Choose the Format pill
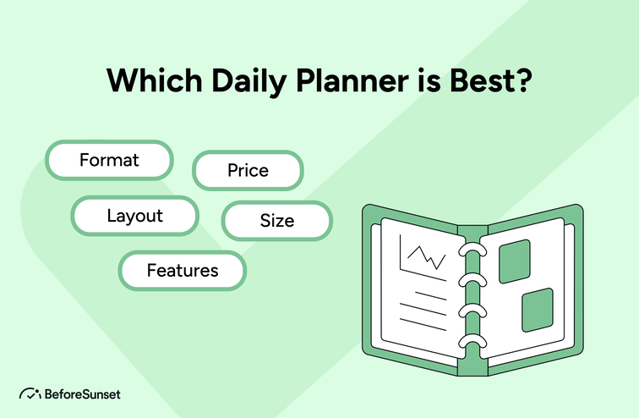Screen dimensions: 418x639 coord(109,160)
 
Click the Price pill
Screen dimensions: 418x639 coord(248,170)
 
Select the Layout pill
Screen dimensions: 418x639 coord(134,215)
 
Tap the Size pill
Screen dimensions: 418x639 coord(277,221)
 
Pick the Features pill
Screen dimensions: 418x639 coord(183,271)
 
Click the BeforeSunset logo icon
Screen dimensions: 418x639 coord(30,393)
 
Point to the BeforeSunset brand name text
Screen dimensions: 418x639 coord(83,393)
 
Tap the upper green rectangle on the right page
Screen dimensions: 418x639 coord(514,261)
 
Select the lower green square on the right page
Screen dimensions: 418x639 coord(537,309)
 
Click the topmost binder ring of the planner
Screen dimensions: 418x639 coord(469,253)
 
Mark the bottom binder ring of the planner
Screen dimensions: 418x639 coord(469,344)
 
